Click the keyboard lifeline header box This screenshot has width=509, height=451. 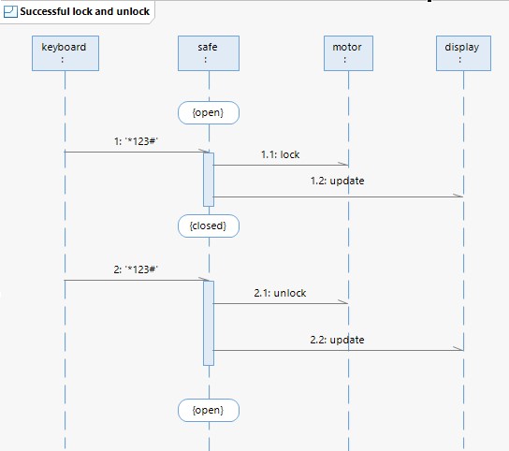[65, 53]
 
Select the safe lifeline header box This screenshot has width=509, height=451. [209, 53]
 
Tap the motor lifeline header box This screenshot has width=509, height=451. [348, 53]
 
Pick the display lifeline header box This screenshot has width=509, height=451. [463, 53]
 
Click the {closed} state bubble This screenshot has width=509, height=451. [209, 226]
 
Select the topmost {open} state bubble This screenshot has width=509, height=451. [209, 112]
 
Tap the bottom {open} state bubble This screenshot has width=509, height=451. [209, 411]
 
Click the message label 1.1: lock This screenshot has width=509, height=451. [280, 154]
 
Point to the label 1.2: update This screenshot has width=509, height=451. [337, 181]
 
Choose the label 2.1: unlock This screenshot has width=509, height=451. [280, 293]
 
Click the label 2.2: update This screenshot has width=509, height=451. [337, 340]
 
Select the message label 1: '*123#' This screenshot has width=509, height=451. [136, 141]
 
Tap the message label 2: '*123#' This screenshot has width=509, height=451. [136, 269]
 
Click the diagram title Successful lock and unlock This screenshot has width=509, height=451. [85, 11]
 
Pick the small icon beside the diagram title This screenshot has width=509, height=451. [10, 11]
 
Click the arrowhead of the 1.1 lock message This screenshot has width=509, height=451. [344, 164]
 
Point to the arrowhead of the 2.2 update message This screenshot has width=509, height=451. [458, 349]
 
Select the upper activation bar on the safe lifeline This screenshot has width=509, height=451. [209, 180]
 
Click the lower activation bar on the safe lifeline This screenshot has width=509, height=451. [209, 324]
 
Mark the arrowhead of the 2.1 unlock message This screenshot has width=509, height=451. [343, 302]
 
